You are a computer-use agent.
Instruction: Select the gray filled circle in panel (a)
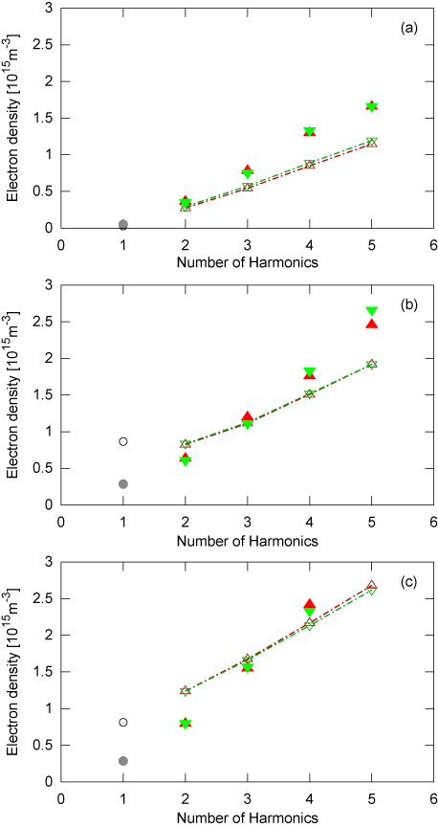(122, 225)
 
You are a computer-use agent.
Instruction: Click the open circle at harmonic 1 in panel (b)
(122, 441)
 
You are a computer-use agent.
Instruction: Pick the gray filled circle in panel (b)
(122, 484)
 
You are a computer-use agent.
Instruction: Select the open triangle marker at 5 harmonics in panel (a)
(372, 143)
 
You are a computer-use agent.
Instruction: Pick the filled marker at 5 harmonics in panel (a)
(372, 106)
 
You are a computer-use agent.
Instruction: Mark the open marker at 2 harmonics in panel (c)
(185, 690)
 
